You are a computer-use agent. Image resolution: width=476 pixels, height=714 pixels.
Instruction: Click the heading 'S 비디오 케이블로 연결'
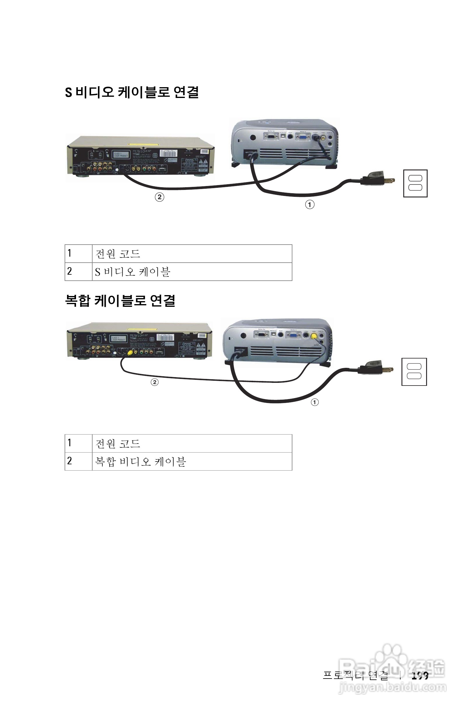pos(132,92)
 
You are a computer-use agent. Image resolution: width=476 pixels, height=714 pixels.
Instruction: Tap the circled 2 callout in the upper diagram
pos(159,197)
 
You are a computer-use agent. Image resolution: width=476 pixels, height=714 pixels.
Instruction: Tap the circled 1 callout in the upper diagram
pos(310,205)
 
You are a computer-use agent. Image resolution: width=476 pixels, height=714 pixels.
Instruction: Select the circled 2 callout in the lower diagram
pos(154,382)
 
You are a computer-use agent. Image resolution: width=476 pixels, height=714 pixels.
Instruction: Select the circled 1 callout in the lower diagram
pos(315,402)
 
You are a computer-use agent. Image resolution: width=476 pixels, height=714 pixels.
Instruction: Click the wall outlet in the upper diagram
pos(415,183)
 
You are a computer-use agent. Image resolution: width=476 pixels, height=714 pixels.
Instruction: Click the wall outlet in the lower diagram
pos(414,372)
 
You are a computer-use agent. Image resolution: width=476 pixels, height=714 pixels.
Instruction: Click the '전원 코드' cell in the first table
pos(192,254)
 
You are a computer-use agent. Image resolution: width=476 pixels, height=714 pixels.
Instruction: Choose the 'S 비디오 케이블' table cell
pos(192,271)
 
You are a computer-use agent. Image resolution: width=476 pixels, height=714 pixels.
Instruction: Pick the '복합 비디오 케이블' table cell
pos(192,462)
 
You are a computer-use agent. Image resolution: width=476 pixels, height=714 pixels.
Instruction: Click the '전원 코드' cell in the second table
pos(192,443)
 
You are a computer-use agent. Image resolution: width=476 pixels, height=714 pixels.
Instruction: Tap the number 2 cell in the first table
pos(78,271)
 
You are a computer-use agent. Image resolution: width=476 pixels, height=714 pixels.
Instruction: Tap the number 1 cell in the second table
pos(78,443)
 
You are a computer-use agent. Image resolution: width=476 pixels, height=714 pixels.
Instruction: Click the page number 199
pos(420,676)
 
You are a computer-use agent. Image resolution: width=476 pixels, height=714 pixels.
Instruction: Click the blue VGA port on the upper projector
pos(303,137)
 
